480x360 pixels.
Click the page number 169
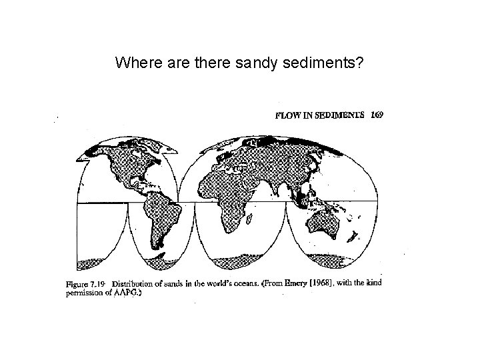377,115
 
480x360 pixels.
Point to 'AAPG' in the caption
130,292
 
